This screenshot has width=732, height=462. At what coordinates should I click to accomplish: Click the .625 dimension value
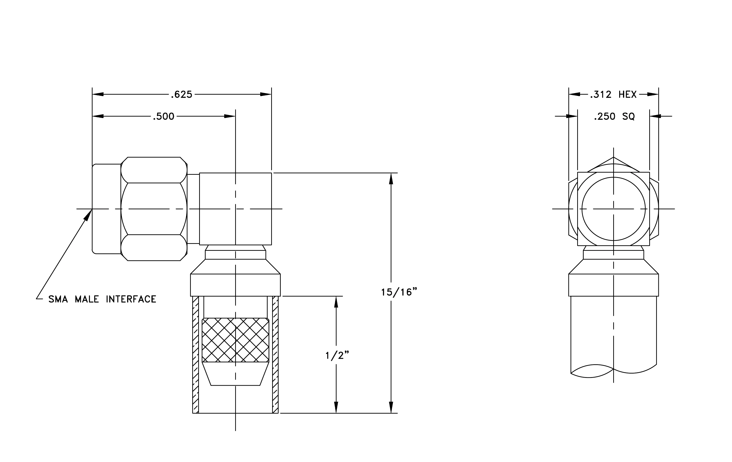[182, 94]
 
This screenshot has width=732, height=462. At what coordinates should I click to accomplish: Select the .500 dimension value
[164, 116]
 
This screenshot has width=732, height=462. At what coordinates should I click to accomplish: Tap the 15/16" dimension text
[399, 292]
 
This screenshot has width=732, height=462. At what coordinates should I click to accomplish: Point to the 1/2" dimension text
[337, 355]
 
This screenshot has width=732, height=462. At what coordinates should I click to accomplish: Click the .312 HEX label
[613, 94]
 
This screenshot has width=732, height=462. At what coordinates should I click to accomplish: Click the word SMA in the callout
[58, 299]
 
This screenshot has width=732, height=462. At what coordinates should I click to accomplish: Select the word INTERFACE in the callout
[131, 299]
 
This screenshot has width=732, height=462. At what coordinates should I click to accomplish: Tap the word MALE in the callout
[87, 299]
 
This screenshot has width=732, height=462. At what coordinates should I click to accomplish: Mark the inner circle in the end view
[613, 177]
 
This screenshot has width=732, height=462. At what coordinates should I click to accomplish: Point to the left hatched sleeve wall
[196, 355]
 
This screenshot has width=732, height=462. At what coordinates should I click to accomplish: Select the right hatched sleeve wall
[275, 355]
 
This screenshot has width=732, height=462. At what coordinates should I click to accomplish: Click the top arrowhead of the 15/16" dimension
[391, 179]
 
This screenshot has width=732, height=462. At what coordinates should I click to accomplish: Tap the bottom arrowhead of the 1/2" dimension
[336, 408]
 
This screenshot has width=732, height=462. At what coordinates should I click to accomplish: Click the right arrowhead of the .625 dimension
[266, 94]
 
